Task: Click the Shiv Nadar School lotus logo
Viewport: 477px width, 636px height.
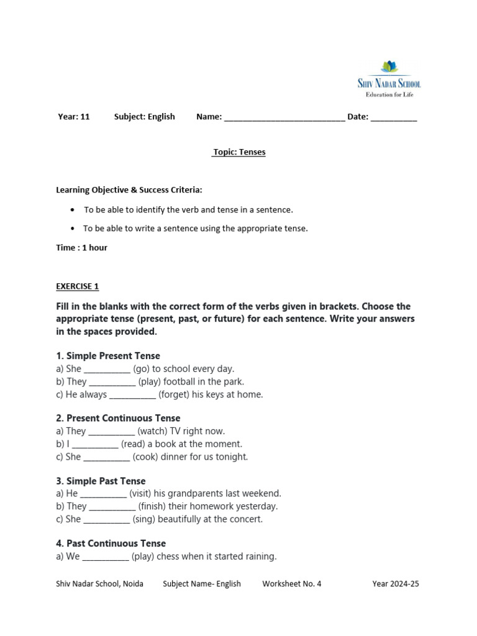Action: (x=389, y=66)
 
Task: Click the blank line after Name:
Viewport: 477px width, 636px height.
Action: (x=284, y=117)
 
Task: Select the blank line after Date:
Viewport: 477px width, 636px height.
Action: (x=394, y=117)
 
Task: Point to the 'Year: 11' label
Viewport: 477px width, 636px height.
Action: (x=73, y=116)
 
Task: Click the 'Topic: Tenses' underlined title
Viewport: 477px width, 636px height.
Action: (x=238, y=152)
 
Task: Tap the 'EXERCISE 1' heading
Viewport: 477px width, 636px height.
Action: (x=78, y=286)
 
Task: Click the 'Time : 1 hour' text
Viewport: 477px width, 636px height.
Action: (x=81, y=247)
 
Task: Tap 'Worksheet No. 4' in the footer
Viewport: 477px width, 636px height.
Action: (x=292, y=584)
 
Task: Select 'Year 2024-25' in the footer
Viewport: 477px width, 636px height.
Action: (x=396, y=584)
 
